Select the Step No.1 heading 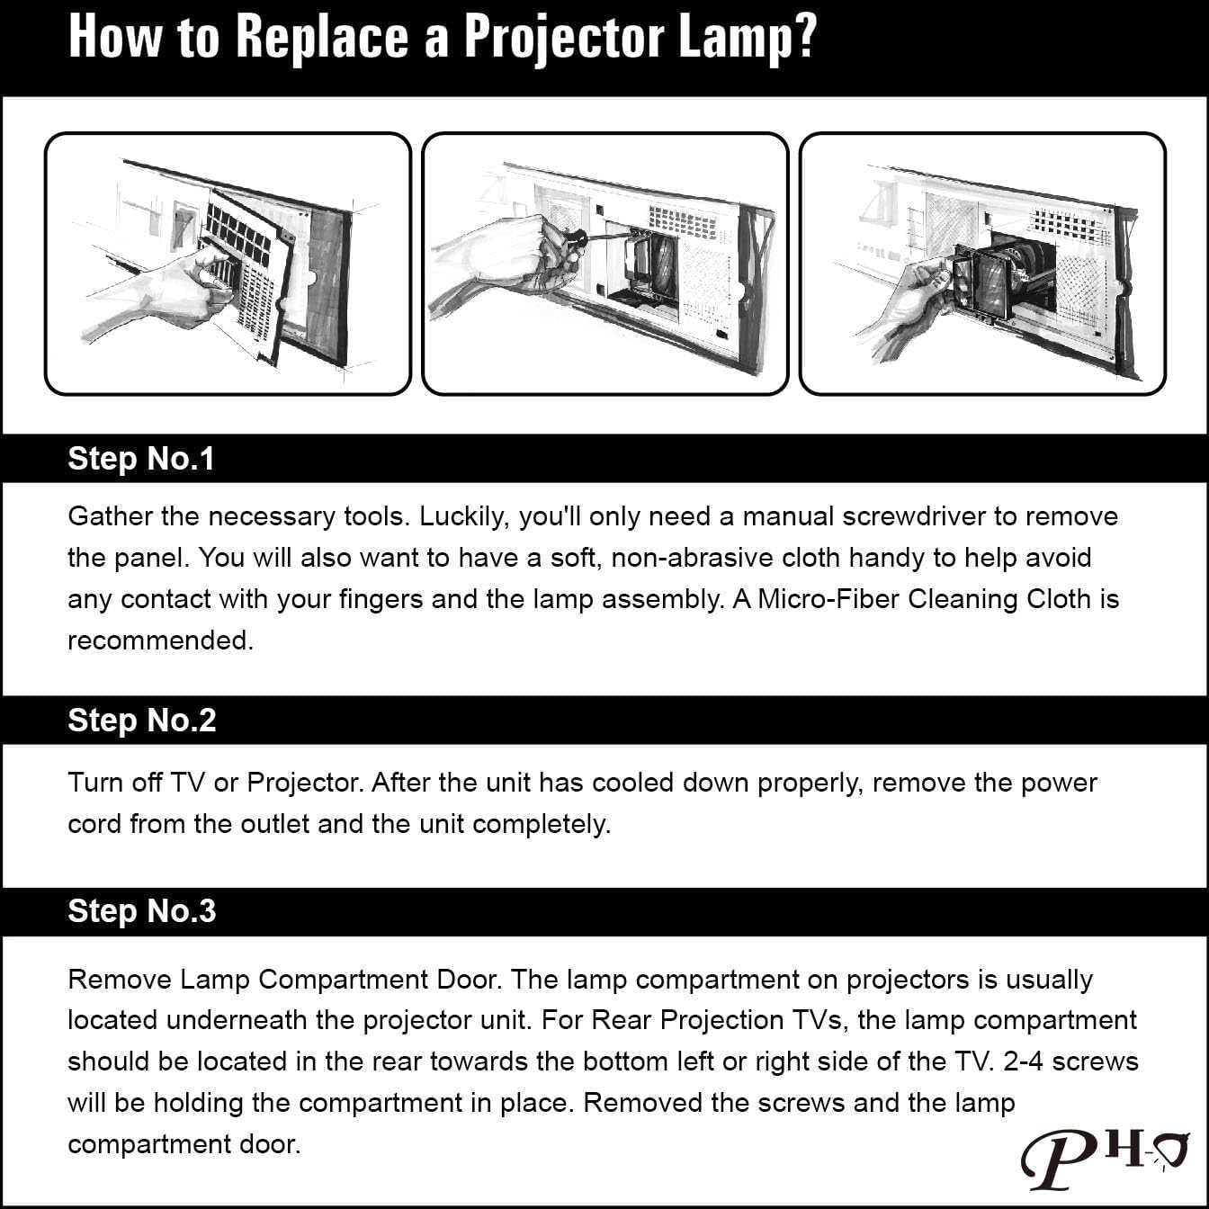click(141, 459)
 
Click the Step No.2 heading click(142, 720)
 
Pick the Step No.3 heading click(142, 910)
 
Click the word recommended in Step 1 click(159, 640)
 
